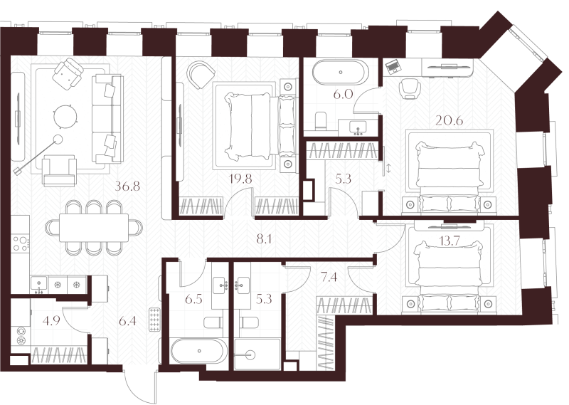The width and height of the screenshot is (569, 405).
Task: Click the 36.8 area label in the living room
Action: click(127, 187)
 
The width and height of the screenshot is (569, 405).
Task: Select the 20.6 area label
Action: click(450, 120)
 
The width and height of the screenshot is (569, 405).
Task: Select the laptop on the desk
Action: click(393, 68)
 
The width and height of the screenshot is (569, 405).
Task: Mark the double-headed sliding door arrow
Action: click(388, 169)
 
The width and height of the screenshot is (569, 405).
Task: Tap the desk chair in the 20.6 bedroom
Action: click(410, 88)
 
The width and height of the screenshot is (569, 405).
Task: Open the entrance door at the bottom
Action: click(139, 389)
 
